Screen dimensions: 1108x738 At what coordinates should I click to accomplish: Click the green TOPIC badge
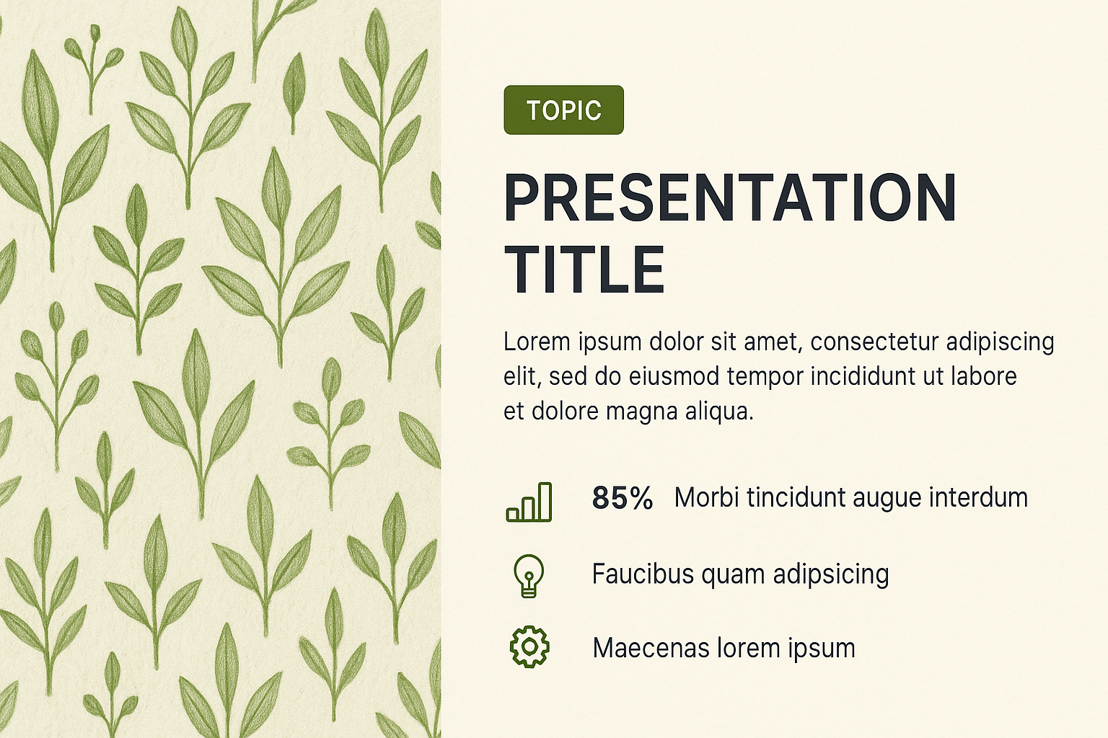(x=563, y=110)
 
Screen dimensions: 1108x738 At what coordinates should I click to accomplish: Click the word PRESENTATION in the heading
(x=730, y=197)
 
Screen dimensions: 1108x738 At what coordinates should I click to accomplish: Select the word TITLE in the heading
(x=584, y=270)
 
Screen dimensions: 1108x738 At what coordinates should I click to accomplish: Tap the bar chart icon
(x=529, y=502)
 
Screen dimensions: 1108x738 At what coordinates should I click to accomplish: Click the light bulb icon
(x=529, y=575)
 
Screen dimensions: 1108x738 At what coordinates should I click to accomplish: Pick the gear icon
(x=529, y=647)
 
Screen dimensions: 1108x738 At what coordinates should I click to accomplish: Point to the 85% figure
(x=623, y=498)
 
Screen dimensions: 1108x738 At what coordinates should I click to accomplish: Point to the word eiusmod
(x=674, y=376)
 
